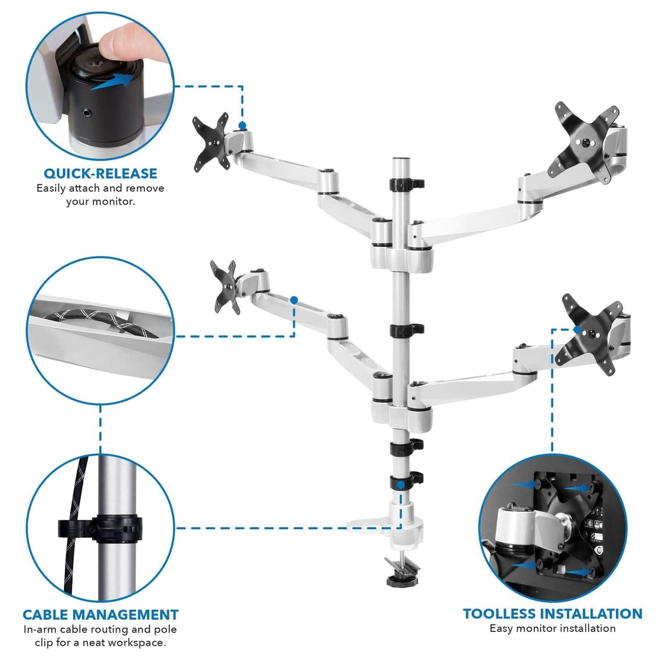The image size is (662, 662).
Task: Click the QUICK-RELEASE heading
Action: [x=101, y=173]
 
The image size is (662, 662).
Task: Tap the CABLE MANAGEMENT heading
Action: [x=101, y=614]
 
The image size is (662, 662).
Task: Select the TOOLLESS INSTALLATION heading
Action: [x=552, y=613]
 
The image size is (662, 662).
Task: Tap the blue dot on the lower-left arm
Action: [x=294, y=300]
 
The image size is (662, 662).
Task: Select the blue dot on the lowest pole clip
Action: [x=401, y=484]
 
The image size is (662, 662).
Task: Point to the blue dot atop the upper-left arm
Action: [x=242, y=125]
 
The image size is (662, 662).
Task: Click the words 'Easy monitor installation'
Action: [x=552, y=628]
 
